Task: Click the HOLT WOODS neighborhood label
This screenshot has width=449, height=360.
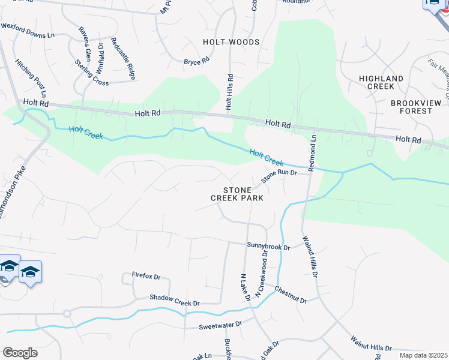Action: coord(231,42)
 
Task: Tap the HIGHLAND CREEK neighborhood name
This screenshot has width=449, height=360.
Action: coord(381,82)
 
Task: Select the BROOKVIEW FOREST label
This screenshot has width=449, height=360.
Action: coord(411,107)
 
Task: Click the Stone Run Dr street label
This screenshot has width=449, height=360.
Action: coord(279,176)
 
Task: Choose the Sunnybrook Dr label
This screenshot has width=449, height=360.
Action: coord(268,247)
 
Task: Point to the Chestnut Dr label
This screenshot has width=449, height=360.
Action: coord(291,295)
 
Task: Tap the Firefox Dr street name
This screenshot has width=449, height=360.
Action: coord(146,277)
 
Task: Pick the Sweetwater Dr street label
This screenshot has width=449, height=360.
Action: coord(220,325)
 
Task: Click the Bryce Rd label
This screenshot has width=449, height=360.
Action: coord(196,61)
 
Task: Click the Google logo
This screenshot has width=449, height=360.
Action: coord(20,353)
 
